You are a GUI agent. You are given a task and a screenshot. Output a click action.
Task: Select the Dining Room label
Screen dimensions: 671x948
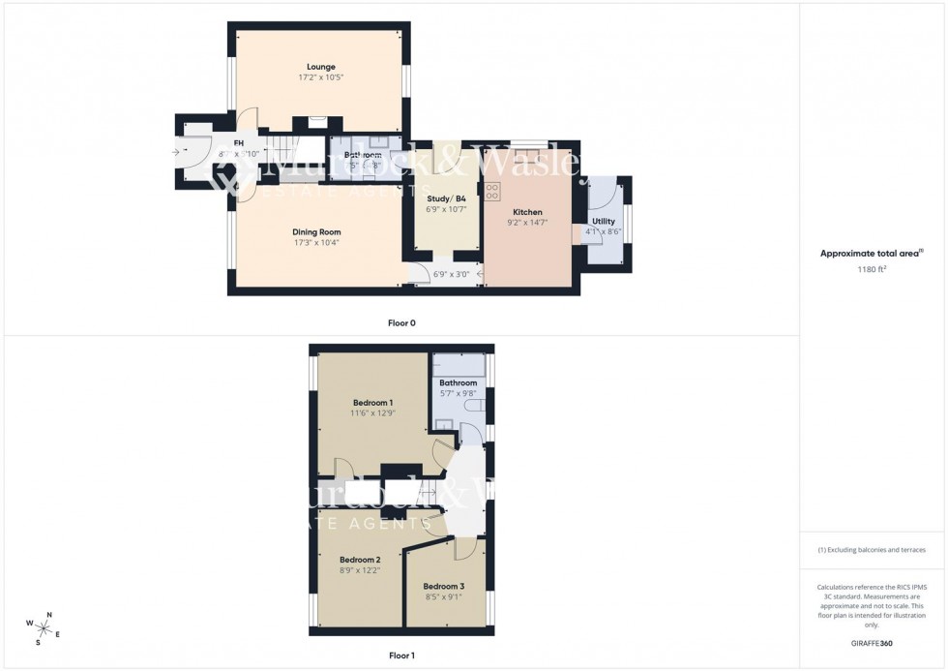pyautogui.click(x=317, y=232)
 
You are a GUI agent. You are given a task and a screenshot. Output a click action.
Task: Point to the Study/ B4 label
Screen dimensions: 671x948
pyautogui.click(x=446, y=198)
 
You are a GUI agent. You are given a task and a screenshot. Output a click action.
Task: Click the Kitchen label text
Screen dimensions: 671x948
pyautogui.click(x=527, y=212)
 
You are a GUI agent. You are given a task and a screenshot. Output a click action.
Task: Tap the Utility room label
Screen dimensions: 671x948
pyautogui.click(x=603, y=222)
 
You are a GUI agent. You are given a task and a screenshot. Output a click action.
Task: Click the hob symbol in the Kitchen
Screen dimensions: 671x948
pyautogui.click(x=491, y=190)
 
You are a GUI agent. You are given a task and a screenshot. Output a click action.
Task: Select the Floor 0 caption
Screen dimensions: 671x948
pyautogui.click(x=400, y=322)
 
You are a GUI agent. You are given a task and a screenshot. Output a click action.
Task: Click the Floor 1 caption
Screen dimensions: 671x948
pyautogui.click(x=400, y=656)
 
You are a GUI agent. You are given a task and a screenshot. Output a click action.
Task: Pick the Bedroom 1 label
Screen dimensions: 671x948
pyautogui.click(x=372, y=402)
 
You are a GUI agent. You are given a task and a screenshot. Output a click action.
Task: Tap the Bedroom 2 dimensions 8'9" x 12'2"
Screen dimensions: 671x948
pyautogui.click(x=359, y=570)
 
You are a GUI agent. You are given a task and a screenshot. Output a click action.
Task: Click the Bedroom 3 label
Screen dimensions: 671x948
pyautogui.click(x=443, y=587)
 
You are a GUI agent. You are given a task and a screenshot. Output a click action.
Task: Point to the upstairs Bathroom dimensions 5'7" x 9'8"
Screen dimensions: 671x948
pyautogui.click(x=459, y=393)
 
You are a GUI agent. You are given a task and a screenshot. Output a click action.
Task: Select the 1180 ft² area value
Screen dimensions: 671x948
pyautogui.click(x=872, y=270)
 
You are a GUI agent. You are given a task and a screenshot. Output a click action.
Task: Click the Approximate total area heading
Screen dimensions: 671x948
pyautogui.click(x=870, y=254)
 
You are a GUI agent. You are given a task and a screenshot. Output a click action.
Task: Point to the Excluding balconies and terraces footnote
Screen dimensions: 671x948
pyautogui.click(x=872, y=550)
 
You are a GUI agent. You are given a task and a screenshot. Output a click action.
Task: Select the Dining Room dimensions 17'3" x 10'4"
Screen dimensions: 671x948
pyautogui.click(x=317, y=243)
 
